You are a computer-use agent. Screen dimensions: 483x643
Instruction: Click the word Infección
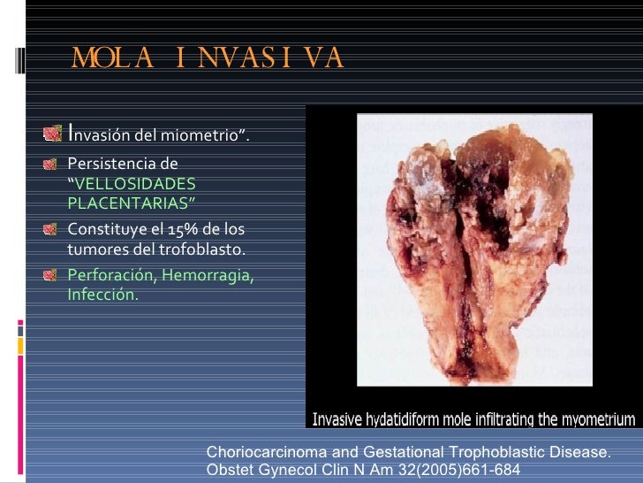pyautogui.click(x=102, y=295)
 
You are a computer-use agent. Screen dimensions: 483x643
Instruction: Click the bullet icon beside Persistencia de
pyautogui.click(x=55, y=164)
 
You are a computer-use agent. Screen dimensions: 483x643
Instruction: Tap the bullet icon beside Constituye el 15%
pyautogui.click(x=55, y=230)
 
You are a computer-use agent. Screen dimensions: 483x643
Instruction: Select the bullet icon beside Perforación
pyautogui.click(x=55, y=275)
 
